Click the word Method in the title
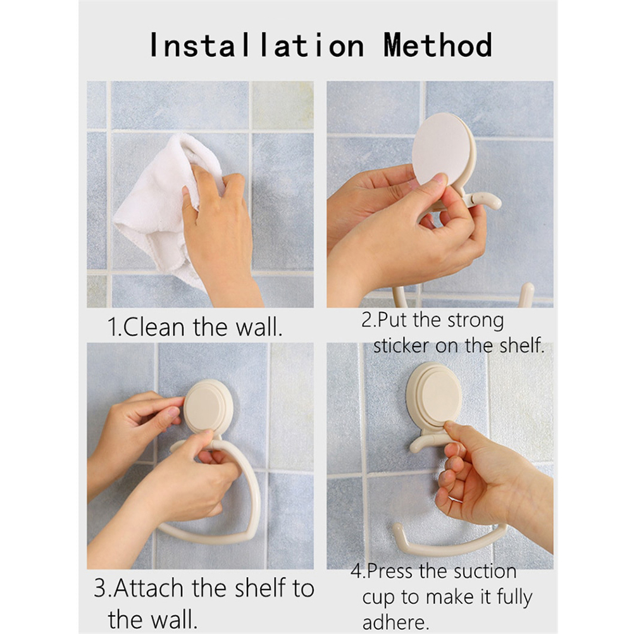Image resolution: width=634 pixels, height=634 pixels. [x=438, y=45]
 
